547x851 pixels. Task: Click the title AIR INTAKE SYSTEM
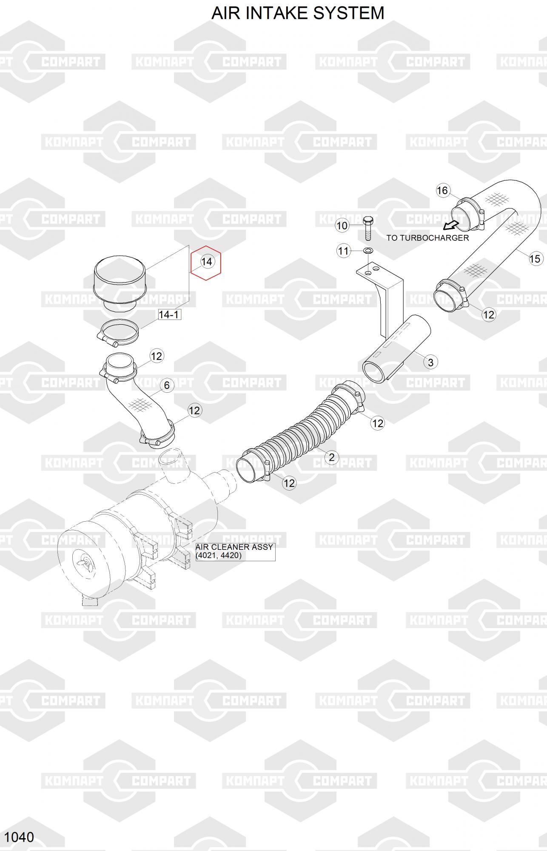[x=298, y=13]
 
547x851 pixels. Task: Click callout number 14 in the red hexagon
[x=206, y=262]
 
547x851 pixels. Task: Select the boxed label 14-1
[x=169, y=314]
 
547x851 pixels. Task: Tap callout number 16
[x=442, y=190]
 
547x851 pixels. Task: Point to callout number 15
[x=535, y=258]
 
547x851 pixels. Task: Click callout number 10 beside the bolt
[x=342, y=226]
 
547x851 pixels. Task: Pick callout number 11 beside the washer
[x=343, y=251]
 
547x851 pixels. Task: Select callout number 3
[x=430, y=362]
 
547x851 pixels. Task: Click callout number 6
[x=166, y=385]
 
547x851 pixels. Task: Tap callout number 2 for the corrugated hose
[x=331, y=457]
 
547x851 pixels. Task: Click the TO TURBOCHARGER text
[x=427, y=238]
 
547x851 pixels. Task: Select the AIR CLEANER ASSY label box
[x=235, y=551]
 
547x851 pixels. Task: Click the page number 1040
[x=20, y=837]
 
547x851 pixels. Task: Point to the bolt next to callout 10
[x=368, y=228]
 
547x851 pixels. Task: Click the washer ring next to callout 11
[x=368, y=251]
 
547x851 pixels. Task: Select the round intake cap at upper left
[x=120, y=281]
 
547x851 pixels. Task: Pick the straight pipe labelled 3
[x=396, y=349]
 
